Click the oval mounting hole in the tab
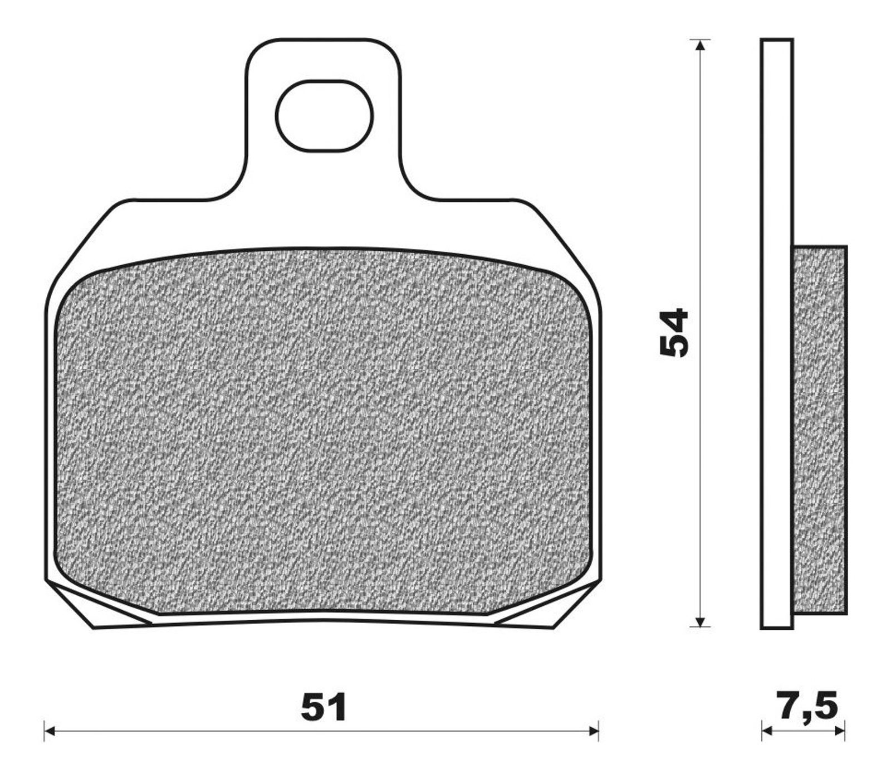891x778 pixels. click(324, 115)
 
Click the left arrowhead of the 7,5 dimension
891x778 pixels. click(768, 731)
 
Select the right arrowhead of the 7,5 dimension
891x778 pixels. click(839, 731)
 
